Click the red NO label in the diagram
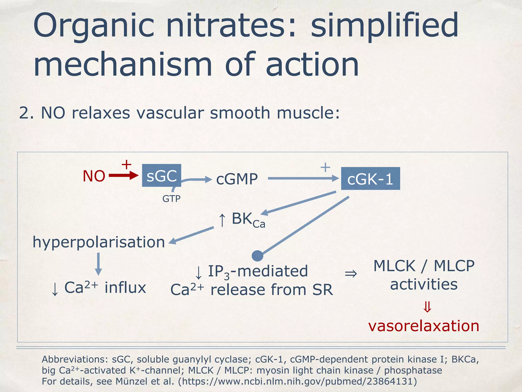[x=94, y=176]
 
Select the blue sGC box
[x=162, y=176]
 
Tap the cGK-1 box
[x=370, y=179]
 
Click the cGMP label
[x=237, y=179]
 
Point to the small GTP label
[x=171, y=199]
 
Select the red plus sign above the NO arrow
[x=126, y=165]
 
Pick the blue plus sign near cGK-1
[x=325, y=167]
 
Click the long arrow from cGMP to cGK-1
[x=303, y=178]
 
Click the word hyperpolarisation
[x=99, y=242]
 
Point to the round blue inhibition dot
[x=257, y=256]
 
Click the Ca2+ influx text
[x=99, y=288]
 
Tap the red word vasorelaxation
[x=424, y=326]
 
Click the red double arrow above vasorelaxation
[x=427, y=307]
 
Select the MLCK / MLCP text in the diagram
[x=424, y=266]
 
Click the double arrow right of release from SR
[x=351, y=274]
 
